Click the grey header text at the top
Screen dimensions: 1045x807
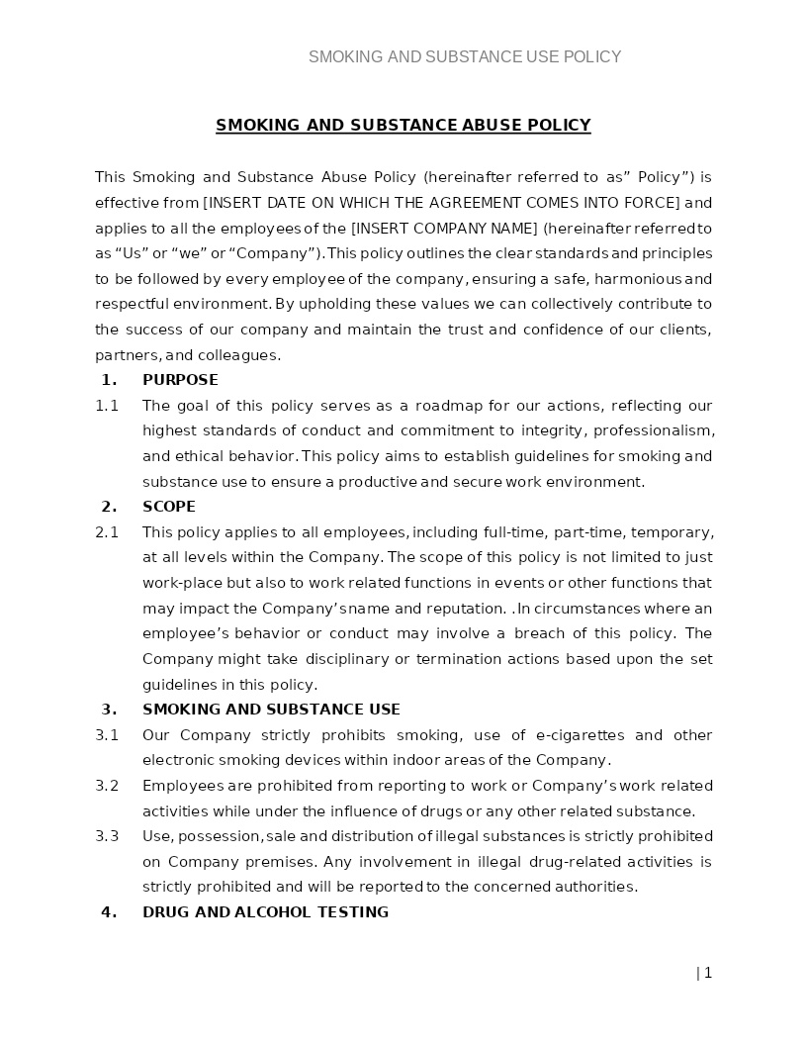(x=465, y=57)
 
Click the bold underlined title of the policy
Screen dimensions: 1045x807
(x=403, y=126)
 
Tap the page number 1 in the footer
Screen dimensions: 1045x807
(x=707, y=973)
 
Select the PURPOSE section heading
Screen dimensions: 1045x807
(x=180, y=380)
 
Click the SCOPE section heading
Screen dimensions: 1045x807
(x=169, y=507)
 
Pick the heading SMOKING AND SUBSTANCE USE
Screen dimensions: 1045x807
(x=271, y=710)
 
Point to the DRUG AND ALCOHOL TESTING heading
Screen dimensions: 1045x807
(x=265, y=912)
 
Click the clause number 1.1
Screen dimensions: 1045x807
(x=107, y=406)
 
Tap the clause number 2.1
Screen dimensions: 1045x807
(x=107, y=532)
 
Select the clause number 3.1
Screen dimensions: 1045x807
(x=107, y=735)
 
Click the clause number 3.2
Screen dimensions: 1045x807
(x=107, y=786)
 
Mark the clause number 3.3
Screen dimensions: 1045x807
(x=107, y=836)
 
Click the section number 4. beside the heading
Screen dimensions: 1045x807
(x=109, y=912)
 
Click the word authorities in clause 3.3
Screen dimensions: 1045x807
(x=594, y=887)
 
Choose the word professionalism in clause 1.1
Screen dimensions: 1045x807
(x=654, y=430)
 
